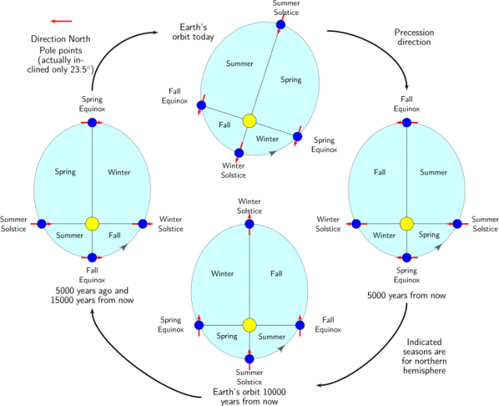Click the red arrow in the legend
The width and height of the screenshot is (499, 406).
[62, 21]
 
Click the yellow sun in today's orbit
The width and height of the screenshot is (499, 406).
[249, 121]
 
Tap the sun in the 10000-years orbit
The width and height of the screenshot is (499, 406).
[249, 326]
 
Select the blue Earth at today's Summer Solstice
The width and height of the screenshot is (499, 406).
[281, 24]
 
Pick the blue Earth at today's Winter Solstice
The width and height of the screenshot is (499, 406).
[239, 153]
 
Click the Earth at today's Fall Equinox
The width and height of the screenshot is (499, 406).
[201, 105]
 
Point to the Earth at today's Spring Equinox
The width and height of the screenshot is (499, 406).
[298, 137]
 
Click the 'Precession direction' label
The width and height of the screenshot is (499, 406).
[414, 37]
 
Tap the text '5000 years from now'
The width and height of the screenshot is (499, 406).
[406, 295]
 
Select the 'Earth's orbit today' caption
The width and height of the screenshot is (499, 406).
[193, 32]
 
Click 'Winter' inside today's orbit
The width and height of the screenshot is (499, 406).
[267, 139]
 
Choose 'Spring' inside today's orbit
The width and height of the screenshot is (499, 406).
[291, 80]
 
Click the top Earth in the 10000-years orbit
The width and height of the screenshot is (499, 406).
[249, 224]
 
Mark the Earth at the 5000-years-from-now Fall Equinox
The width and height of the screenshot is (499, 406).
[407, 123]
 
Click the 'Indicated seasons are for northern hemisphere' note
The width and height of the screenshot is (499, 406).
[424, 356]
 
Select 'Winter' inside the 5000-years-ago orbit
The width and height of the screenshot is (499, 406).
[119, 173]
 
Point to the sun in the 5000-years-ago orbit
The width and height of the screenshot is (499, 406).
[92, 224]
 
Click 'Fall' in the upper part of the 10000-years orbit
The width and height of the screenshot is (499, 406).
[276, 274]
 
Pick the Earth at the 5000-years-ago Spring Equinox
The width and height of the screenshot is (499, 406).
[92, 123]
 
